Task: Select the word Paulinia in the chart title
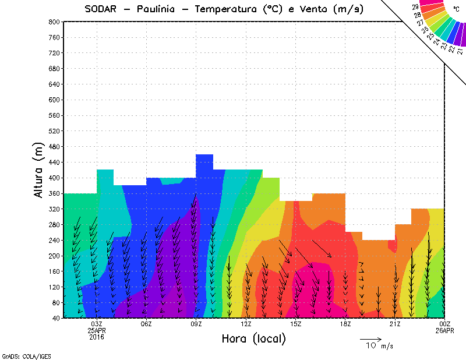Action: point(160,9)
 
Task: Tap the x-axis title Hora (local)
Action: point(254,338)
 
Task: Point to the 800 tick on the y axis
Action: point(55,22)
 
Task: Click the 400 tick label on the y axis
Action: point(55,178)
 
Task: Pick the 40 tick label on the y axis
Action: point(57,318)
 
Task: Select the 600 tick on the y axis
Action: point(55,100)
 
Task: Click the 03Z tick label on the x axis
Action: point(97,324)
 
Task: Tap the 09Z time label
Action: point(196,324)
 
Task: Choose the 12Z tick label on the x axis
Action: point(246,324)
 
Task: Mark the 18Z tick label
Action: point(345,324)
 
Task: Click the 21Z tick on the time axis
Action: point(395,324)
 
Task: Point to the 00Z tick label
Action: point(444,324)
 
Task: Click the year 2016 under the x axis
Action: point(97,337)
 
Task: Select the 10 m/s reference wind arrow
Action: point(370,339)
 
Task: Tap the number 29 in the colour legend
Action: point(415,7)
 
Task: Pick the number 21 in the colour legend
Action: point(460,51)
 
